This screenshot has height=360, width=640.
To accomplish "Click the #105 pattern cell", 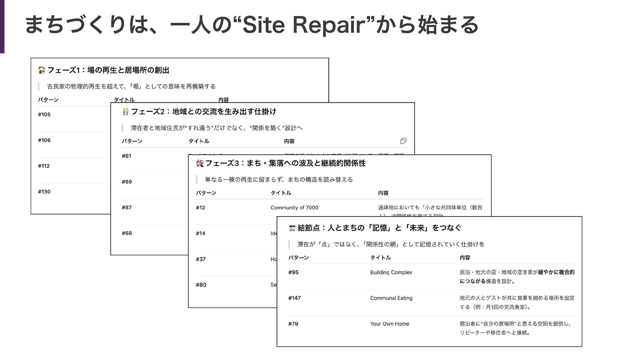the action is point(44,115).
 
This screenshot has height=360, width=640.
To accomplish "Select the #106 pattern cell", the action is point(44,140).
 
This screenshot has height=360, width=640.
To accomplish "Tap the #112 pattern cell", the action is point(44,166).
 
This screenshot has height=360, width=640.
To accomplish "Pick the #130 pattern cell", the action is point(44,192).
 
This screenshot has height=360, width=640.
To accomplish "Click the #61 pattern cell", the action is point(126,156).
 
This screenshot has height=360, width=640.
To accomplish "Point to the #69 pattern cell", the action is point(127,182).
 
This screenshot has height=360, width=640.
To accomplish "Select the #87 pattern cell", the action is point(127,207).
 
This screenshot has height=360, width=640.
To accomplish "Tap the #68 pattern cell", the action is point(127,233).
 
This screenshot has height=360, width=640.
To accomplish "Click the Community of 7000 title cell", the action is point(294,208).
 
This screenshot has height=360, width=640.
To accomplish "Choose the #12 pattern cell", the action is point(200,208).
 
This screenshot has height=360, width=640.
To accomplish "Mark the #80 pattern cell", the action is point(201,285).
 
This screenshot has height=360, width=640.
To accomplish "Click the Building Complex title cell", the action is point(391,272).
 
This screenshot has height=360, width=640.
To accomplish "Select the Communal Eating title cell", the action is point(391,298).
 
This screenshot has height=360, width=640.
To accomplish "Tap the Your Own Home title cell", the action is point(389,324).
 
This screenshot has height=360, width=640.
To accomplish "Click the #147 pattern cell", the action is point(294,298).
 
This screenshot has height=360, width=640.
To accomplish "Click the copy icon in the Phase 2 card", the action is point(403,141).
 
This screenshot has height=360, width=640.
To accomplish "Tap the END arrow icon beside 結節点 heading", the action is point(292,228).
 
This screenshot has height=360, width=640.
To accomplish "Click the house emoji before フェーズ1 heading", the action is point(42,70).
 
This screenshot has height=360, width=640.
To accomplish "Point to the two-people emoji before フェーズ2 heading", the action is point(125,112).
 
